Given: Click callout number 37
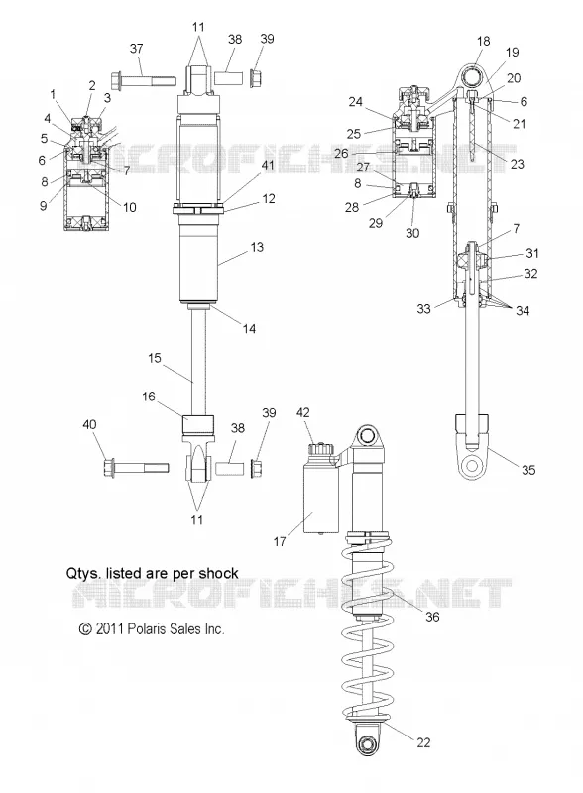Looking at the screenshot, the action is coord(136,49).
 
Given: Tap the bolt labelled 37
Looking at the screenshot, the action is coord(143,81).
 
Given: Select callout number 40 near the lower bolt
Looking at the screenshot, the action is coord(89,425).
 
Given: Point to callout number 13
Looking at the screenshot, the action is coord(257,247).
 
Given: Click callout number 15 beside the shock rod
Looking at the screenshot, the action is coord(155,358).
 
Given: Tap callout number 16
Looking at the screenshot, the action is coord(149,396).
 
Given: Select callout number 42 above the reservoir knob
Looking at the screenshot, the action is coord(303,412).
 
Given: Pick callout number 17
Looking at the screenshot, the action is coord(280,541).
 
